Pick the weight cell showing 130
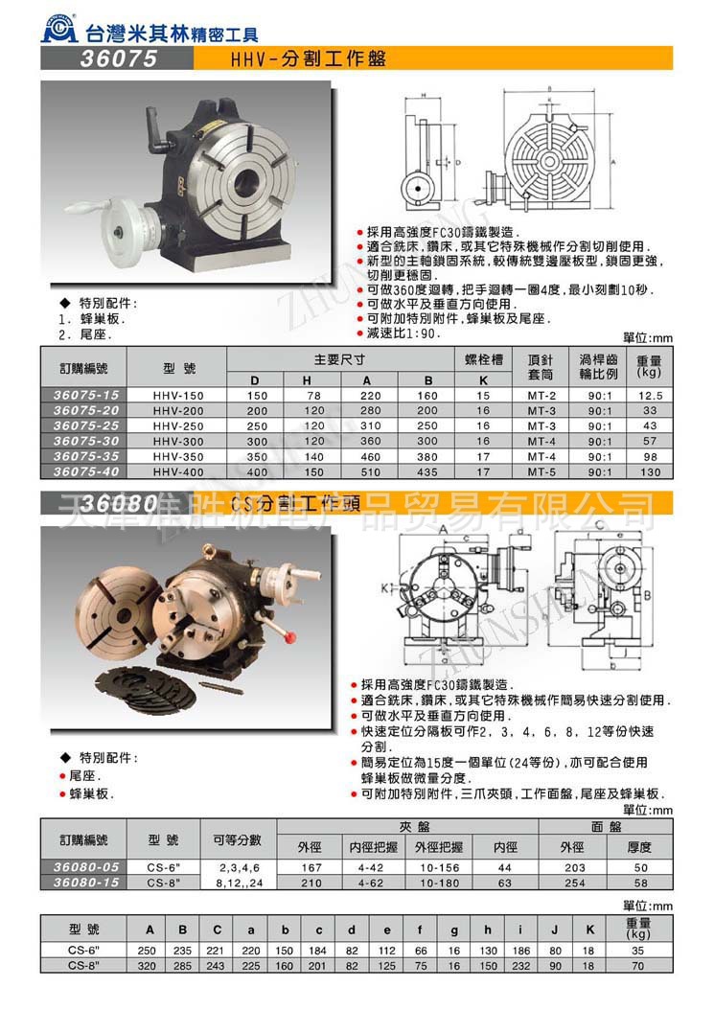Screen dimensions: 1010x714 tap(650, 472)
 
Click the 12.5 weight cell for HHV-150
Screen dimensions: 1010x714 tap(650, 395)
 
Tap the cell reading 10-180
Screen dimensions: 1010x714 tap(437, 882)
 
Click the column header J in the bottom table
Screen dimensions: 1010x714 tap(555, 930)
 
